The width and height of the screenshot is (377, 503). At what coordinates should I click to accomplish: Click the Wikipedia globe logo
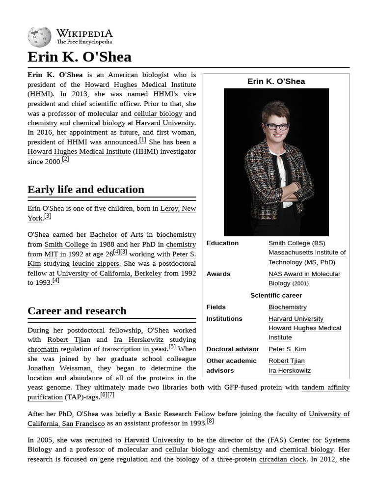(39, 37)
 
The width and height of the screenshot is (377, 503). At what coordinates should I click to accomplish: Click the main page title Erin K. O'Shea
(80, 57)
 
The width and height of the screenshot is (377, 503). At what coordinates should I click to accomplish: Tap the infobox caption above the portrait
(276, 82)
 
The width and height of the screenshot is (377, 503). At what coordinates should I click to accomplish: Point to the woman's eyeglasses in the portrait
(276, 126)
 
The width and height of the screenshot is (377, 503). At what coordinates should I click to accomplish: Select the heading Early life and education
(86, 190)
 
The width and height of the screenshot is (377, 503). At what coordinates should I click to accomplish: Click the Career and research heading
(77, 311)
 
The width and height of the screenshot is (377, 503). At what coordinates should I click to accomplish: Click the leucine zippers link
(96, 264)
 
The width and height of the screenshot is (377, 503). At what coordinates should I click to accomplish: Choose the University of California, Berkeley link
(109, 274)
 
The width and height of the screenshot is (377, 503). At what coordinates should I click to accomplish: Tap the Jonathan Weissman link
(59, 368)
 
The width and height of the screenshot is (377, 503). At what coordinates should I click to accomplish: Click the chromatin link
(43, 349)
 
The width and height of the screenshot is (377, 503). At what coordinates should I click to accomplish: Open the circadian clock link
(283, 459)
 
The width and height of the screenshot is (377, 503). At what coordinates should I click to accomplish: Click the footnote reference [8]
(210, 421)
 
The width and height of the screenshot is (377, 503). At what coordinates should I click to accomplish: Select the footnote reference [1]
(142, 140)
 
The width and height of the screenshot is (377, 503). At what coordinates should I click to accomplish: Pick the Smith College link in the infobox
(289, 243)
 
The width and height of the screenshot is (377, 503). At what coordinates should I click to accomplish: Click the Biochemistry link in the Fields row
(287, 307)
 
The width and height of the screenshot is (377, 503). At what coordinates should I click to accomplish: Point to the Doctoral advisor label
(233, 349)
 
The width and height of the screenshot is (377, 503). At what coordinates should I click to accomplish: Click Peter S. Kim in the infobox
(287, 349)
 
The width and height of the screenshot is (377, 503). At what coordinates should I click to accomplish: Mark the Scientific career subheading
(276, 295)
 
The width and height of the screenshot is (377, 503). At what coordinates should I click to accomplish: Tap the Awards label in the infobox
(218, 274)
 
